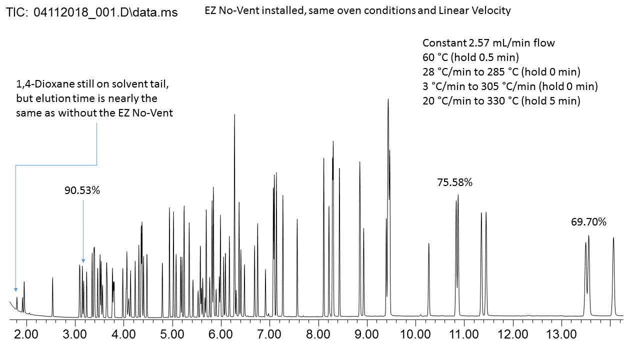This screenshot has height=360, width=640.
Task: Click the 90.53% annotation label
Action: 82,190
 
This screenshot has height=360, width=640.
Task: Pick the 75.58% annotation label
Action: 454,182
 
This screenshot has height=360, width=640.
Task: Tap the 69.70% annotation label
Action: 588,222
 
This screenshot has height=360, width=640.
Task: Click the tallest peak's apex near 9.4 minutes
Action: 388,99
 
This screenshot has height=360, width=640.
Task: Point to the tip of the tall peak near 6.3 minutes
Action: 234,115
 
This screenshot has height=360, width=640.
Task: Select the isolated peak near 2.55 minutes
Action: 52,278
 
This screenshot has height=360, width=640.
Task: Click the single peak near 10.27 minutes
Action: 429,244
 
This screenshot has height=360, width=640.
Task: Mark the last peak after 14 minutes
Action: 613,238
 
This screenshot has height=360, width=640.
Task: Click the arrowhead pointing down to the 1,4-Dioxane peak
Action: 15,289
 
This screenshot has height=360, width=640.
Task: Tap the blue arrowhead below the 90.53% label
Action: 83,260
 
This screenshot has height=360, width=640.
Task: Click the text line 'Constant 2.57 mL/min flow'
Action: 488,43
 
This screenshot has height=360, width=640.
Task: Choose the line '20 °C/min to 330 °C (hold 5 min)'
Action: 501,101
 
